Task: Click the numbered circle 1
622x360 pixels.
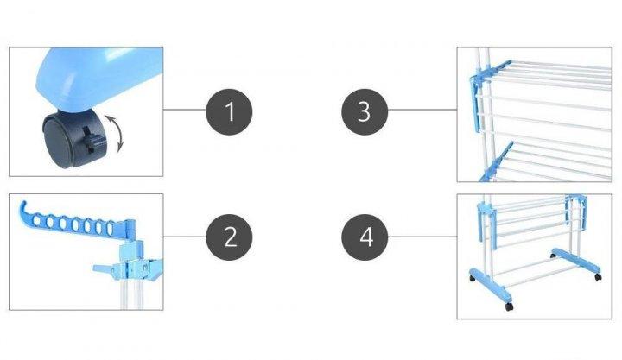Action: click(229, 112)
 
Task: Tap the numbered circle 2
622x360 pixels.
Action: click(229, 237)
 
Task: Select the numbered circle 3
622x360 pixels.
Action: click(365, 112)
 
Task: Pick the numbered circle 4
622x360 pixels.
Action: click(365, 237)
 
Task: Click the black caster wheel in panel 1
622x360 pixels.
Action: click(73, 139)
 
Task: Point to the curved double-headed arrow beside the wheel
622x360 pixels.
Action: click(117, 134)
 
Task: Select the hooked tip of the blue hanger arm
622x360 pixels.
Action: click(23, 207)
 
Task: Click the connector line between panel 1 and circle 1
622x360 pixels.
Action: click(185, 110)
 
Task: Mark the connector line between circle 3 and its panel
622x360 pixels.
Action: click(422, 110)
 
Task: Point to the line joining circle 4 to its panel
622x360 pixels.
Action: click(422, 237)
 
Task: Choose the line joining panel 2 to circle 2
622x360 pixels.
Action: click(185, 237)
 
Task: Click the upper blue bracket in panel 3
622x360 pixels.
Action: click(482, 92)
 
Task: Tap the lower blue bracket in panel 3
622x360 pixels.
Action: click(496, 162)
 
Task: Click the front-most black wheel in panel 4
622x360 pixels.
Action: click(509, 306)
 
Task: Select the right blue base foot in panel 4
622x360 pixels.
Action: click(576, 262)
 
